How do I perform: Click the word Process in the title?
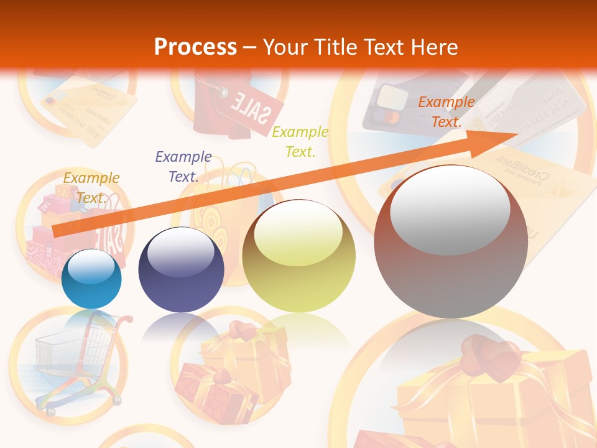(195, 47)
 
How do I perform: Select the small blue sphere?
(92, 279)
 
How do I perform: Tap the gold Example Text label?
(91, 187)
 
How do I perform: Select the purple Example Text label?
(183, 166)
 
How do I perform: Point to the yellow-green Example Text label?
(300, 141)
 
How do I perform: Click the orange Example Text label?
(446, 112)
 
